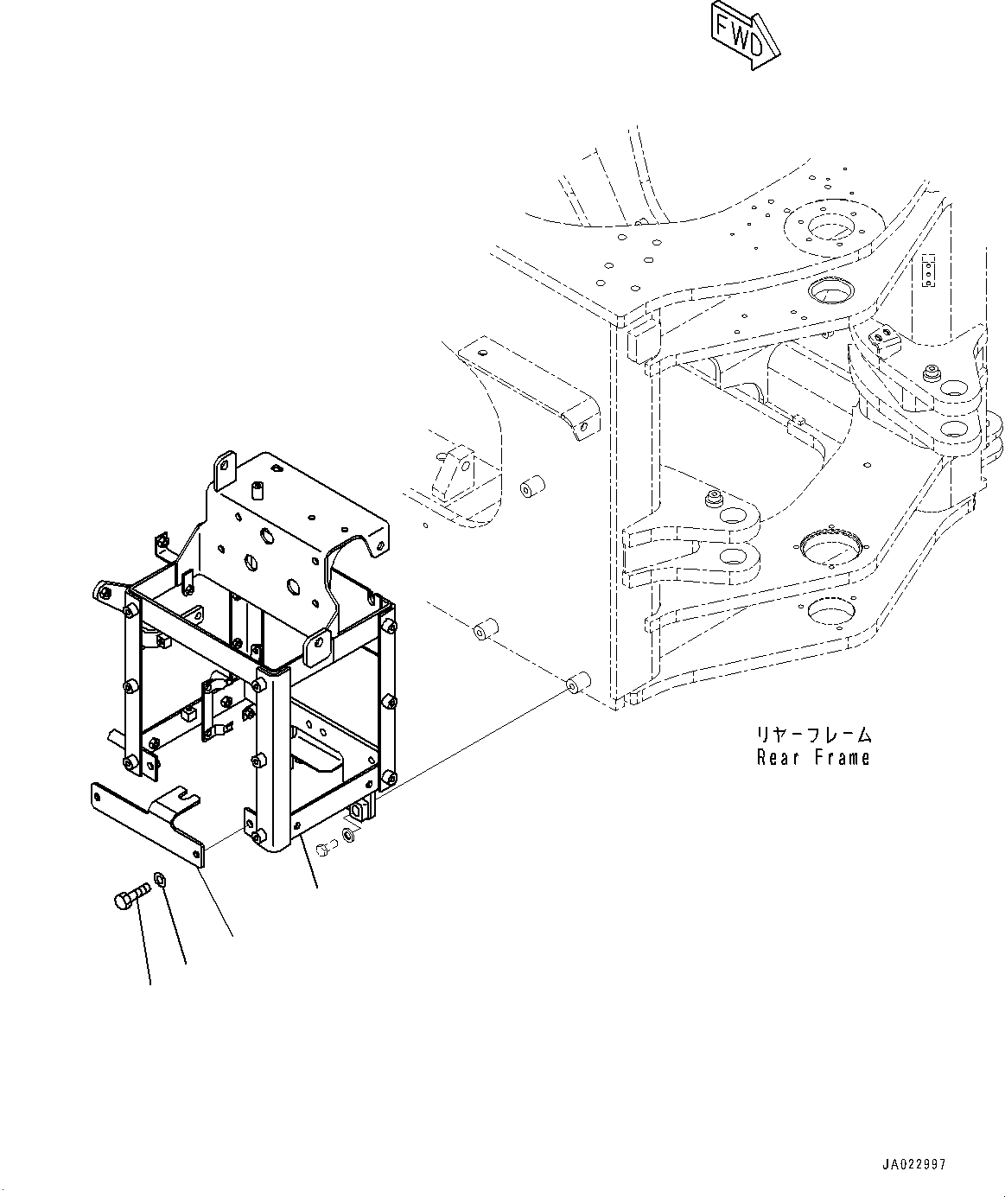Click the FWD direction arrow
[x=744, y=35]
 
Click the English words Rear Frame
[x=812, y=758]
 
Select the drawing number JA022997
[x=913, y=1164]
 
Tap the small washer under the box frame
[x=347, y=834]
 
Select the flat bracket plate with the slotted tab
[x=147, y=821]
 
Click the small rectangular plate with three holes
[x=930, y=271]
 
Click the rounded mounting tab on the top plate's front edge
[x=318, y=642]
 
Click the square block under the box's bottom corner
[x=360, y=812]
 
